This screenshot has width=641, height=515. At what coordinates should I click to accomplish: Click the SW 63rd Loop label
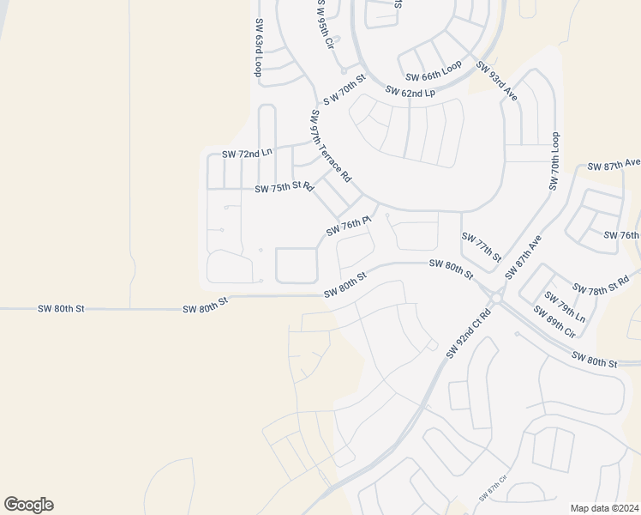coord(258,48)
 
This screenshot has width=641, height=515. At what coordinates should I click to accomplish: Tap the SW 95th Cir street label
coord(325,24)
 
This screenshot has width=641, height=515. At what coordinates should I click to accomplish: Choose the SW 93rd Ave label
coord(498,82)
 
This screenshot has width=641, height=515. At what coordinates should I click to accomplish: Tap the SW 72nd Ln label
coord(247,153)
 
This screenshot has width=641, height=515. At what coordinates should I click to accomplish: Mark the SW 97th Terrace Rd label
coord(331,146)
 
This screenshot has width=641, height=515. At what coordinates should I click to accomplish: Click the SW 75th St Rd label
coord(285,187)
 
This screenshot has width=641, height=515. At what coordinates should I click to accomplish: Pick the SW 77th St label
coord(481,246)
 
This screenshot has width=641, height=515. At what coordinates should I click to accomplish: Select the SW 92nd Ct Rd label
coord(467,333)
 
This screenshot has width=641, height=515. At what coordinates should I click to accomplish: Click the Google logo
coord(29,505)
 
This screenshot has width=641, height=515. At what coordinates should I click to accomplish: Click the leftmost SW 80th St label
coord(62,308)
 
